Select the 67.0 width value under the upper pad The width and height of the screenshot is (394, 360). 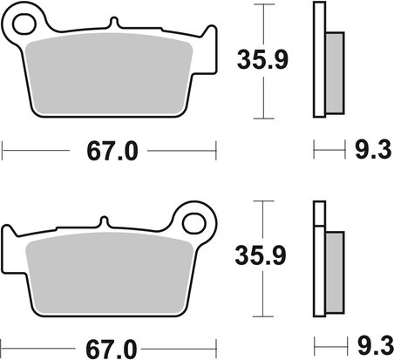112,153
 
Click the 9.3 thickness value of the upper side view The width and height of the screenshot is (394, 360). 367,153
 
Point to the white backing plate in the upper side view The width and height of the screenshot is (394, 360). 318,61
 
